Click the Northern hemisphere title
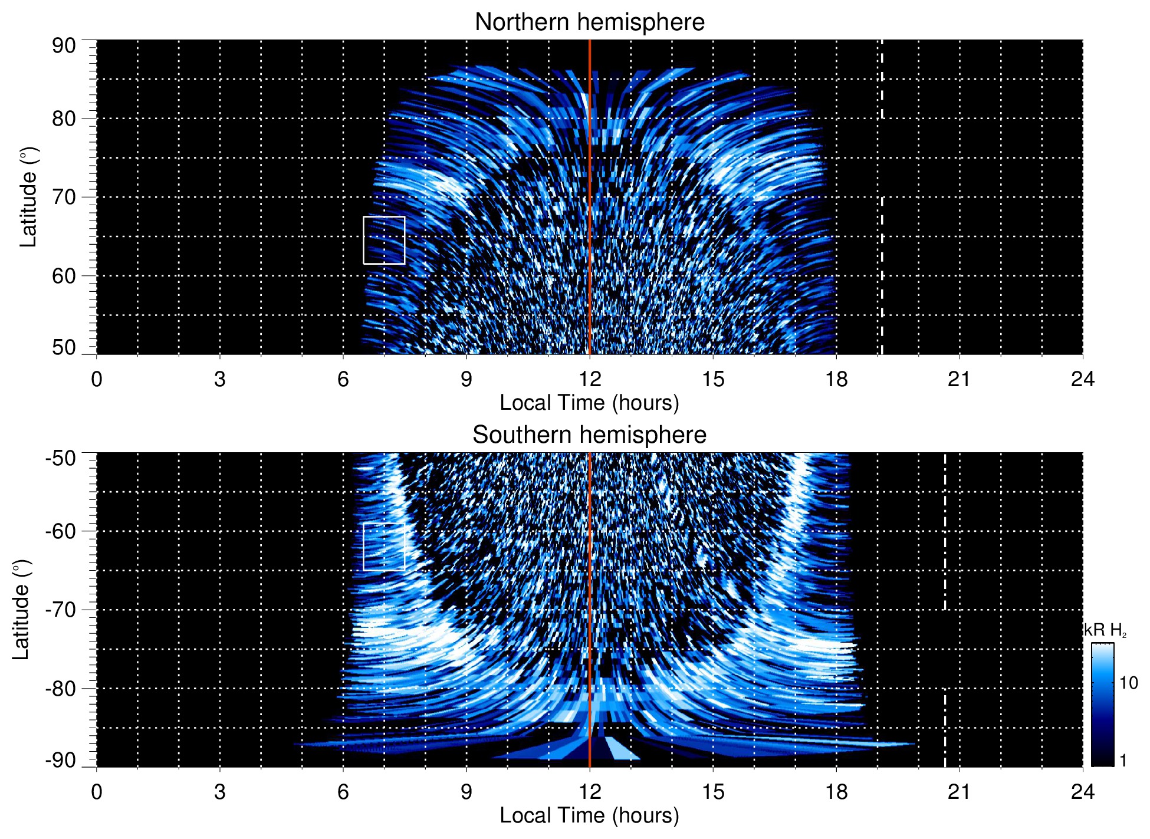click(x=589, y=22)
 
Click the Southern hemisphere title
click(x=589, y=435)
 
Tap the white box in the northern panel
click(x=384, y=240)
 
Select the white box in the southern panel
click(x=384, y=547)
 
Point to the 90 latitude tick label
click(x=64, y=46)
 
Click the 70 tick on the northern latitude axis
click(x=64, y=197)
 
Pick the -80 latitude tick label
click(x=61, y=688)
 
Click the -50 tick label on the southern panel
click(x=61, y=458)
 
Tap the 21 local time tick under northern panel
click(x=959, y=379)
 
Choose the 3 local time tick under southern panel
click(x=220, y=792)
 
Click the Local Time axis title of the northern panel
click(x=589, y=403)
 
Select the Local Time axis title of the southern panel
click(x=589, y=816)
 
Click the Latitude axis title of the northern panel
click(x=28, y=197)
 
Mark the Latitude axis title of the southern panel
click(x=21, y=610)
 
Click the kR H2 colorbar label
click(x=1105, y=630)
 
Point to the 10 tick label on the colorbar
click(x=1128, y=683)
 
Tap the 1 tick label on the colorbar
click(x=1123, y=761)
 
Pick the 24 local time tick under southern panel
click(x=1082, y=792)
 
